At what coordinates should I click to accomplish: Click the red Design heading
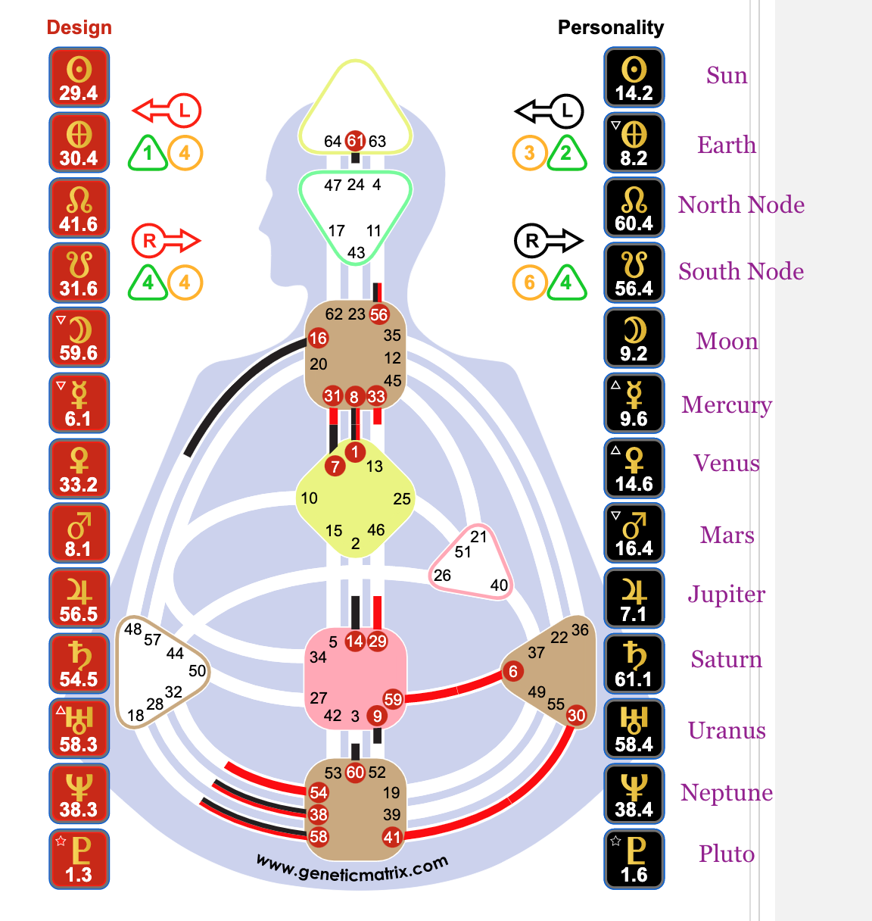(x=79, y=27)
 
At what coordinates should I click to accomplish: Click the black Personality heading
(x=610, y=27)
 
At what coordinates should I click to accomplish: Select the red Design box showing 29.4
(x=79, y=77)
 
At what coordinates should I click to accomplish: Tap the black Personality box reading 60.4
(x=634, y=208)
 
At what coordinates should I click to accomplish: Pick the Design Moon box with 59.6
(x=79, y=338)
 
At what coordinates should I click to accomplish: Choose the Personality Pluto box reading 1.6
(x=634, y=859)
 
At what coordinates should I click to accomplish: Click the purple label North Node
(x=741, y=204)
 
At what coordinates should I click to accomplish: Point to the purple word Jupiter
(x=727, y=595)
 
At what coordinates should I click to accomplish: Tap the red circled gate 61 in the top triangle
(x=355, y=140)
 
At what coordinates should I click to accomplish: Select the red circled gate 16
(x=318, y=339)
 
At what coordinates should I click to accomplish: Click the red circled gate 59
(x=393, y=699)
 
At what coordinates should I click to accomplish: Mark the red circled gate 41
(x=391, y=837)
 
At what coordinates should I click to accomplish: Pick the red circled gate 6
(x=513, y=671)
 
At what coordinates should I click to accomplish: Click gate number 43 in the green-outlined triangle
(x=356, y=253)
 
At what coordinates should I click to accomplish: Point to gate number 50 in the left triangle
(x=197, y=670)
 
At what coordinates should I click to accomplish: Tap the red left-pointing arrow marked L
(x=167, y=111)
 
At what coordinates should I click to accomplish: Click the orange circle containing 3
(x=529, y=153)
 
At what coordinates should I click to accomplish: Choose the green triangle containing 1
(x=148, y=153)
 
